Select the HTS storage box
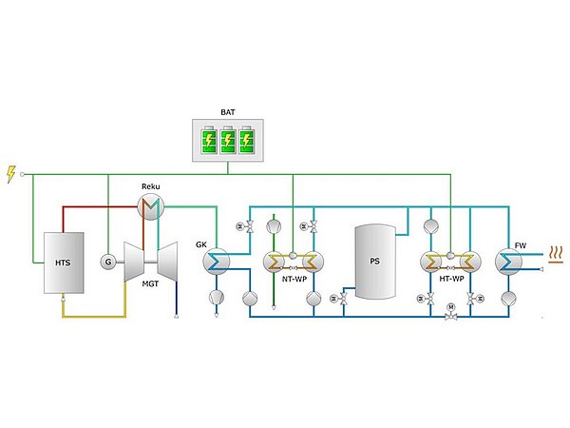pyautogui.click(x=64, y=262)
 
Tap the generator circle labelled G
pyautogui.click(x=108, y=262)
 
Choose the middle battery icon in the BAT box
pyautogui.click(x=227, y=143)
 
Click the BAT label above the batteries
pyautogui.click(x=227, y=111)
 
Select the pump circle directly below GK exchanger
pyautogui.click(x=217, y=298)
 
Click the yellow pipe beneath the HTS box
pyautogui.click(x=95, y=315)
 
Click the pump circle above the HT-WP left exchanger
pyautogui.click(x=429, y=227)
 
